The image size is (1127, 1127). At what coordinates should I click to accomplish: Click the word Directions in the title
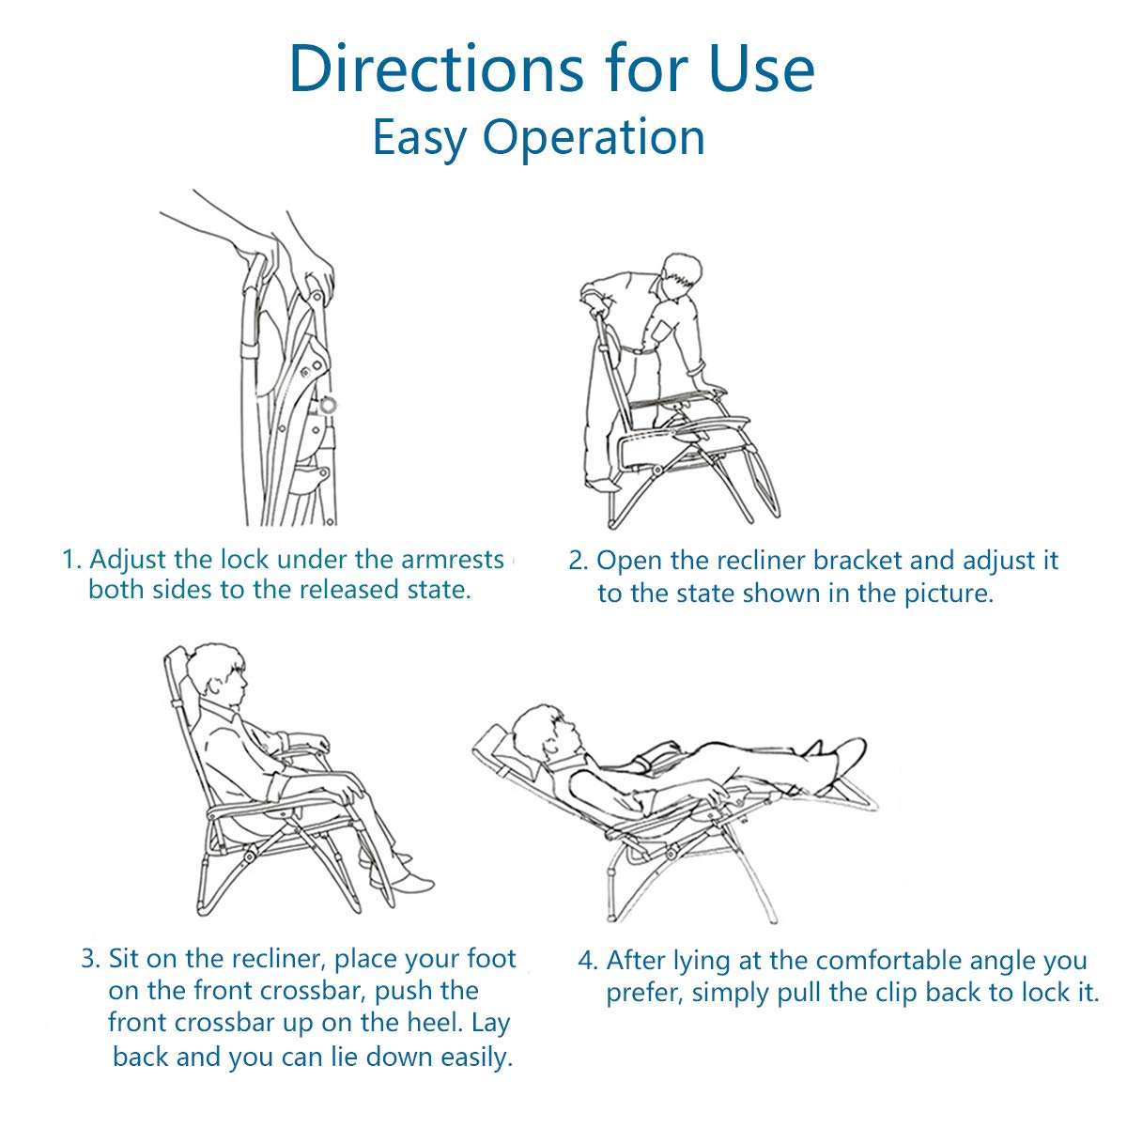pyautogui.click(x=437, y=69)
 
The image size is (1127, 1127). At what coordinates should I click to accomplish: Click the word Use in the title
pyautogui.click(x=762, y=69)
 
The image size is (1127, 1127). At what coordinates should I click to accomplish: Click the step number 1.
pyautogui.click(x=70, y=560)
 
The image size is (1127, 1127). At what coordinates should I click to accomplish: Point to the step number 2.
pyautogui.click(x=578, y=561)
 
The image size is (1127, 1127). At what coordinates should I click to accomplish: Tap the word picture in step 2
pyautogui.click(x=948, y=594)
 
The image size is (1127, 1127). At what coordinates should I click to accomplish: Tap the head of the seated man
pyautogui.click(x=219, y=675)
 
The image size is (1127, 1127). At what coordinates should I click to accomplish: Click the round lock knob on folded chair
pyautogui.click(x=328, y=404)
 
